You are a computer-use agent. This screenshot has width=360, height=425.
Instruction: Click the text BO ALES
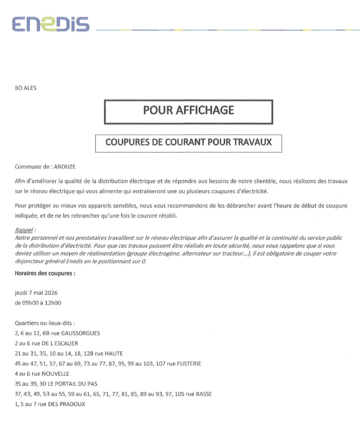[x=25, y=88]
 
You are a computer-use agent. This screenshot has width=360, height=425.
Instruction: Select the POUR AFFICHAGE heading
[x=189, y=110]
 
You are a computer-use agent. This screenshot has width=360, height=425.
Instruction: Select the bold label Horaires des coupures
[x=45, y=274]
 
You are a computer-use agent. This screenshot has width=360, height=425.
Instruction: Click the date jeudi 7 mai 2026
[x=36, y=293]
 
